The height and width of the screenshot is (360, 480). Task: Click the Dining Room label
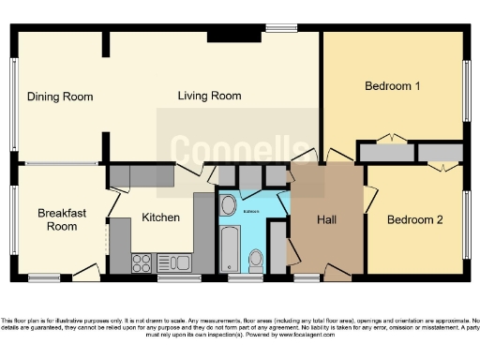tap(60, 97)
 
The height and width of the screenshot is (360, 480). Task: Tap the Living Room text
tap(210, 96)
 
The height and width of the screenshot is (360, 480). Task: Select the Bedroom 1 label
tap(391, 86)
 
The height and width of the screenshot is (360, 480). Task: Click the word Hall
tap(326, 219)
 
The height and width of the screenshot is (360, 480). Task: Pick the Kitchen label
tap(160, 217)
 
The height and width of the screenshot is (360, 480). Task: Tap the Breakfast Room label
tap(62, 219)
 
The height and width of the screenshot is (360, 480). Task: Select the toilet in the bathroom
tap(256, 258)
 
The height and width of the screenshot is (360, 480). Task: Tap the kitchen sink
tap(174, 262)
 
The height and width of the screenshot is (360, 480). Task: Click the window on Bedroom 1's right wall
tap(467, 90)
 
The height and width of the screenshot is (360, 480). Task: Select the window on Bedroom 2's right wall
tap(467, 225)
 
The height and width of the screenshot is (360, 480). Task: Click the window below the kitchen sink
tap(178, 278)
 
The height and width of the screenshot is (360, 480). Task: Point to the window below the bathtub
tap(244, 278)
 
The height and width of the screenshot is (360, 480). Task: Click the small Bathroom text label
tap(251, 211)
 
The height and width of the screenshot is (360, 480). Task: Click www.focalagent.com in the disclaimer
tap(305, 335)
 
